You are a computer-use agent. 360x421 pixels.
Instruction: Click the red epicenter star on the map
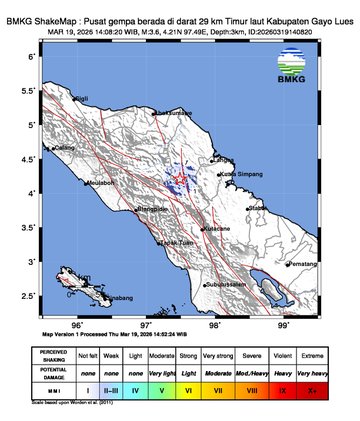[181, 181]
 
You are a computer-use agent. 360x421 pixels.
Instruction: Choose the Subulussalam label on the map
[228, 285]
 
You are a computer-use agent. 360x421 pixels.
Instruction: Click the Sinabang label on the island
[117, 298]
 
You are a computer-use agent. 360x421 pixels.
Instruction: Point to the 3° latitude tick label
[34, 261]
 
